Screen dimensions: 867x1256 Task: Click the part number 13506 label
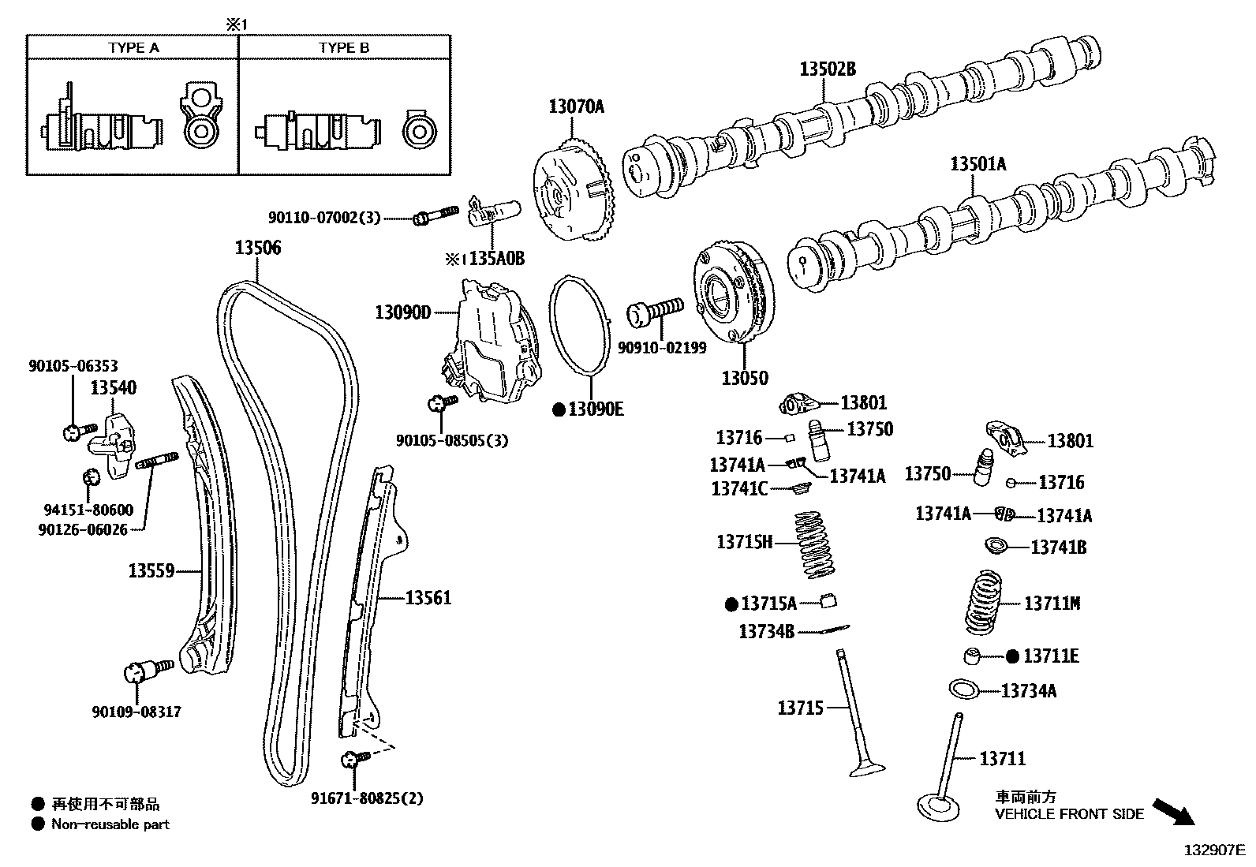[257, 248]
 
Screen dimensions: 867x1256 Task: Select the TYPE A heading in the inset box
[133, 47]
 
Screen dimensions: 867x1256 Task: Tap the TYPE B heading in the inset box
[344, 47]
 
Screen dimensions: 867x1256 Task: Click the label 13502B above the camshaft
[827, 69]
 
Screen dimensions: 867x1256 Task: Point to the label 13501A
[978, 164]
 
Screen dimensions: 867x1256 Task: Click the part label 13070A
[576, 106]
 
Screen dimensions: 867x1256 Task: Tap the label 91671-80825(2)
[367, 798]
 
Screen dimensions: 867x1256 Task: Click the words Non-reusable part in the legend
[110, 824]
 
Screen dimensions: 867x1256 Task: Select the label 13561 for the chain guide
[428, 598]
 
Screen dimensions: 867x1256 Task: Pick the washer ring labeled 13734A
[964, 689]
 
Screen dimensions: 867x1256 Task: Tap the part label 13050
[744, 378]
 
